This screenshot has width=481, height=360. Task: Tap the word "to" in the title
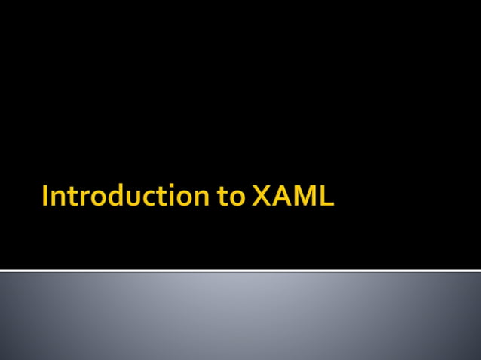(x=232, y=197)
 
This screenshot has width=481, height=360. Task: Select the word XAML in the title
(x=292, y=197)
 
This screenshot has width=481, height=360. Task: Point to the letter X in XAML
(x=261, y=197)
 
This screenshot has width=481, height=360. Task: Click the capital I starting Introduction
(x=47, y=197)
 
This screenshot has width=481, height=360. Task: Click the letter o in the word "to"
(x=237, y=199)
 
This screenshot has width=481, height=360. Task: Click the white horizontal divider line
(x=240, y=269)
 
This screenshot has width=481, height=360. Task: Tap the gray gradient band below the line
(x=240, y=316)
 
